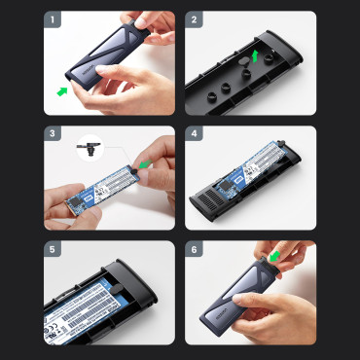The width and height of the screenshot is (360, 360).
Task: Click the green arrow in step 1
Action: tap(64, 91)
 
